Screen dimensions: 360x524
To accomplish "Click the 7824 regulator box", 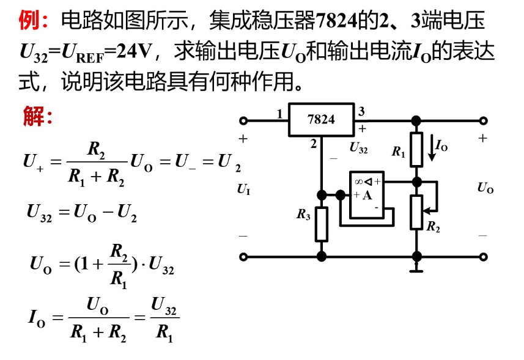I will (x=322, y=119).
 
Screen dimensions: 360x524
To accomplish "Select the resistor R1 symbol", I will (x=416, y=149).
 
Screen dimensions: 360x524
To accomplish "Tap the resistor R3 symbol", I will (x=321, y=224).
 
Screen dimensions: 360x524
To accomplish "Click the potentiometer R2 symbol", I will (x=416, y=211).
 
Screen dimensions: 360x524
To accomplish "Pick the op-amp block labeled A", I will (x=366, y=194).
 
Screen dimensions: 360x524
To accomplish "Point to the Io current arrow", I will (x=432, y=149).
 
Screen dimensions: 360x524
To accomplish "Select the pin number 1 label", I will (x=279, y=114).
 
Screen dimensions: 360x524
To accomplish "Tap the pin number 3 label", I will (x=362, y=111).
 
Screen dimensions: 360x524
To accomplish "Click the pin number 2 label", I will (x=314, y=144).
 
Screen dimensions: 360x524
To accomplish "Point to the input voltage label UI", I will (x=244, y=191).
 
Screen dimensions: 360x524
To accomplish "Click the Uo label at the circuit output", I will (x=485, y=189).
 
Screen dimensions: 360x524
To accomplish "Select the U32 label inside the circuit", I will (x=359, y=148).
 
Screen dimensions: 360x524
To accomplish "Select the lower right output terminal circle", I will (x=484, y=257).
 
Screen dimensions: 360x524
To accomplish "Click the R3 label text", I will (x=304, y=215).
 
